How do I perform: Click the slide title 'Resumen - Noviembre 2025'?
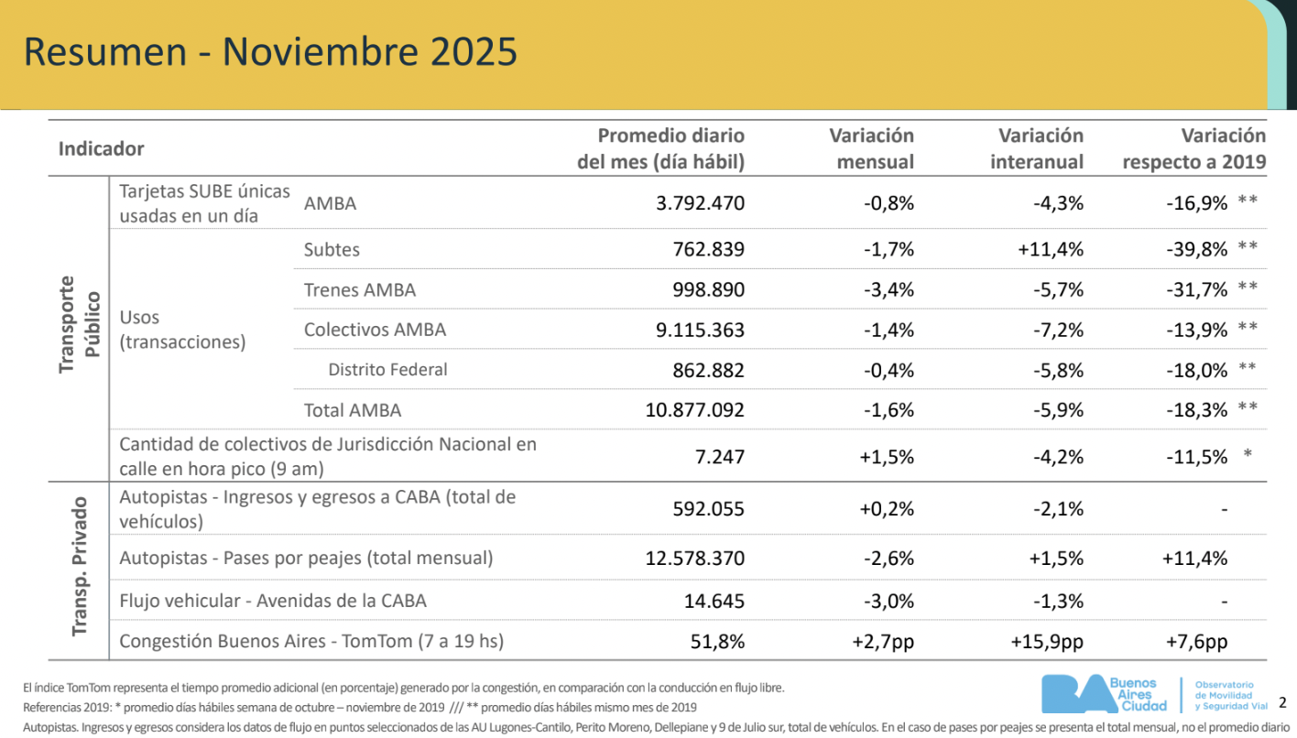pos(270,51)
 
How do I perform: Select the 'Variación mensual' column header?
pos(871,148)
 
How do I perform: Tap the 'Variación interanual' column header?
pos(1041,148)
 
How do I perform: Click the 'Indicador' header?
pos(102,148)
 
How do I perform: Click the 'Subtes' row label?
pos(332,249)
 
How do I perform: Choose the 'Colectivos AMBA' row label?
pos(375,330)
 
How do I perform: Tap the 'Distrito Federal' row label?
pos(387,370)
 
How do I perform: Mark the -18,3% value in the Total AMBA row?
pos(1196,410)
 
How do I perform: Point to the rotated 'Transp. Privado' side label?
pos(79,567)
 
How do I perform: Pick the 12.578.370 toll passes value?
pos(694,558)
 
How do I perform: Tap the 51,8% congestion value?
pos(717,641)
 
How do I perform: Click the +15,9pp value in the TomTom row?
pos(1047,641)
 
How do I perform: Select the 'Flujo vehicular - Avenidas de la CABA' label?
pos(273,601)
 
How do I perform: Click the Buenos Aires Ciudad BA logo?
pos(1106,694)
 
